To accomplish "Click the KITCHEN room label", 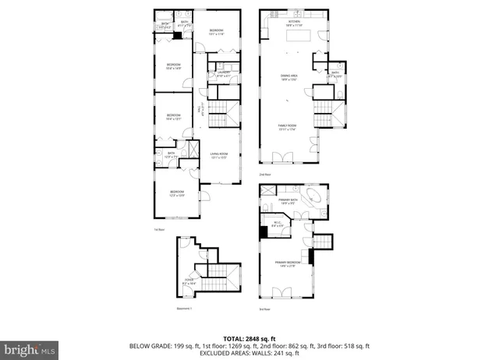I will [x=292, y=23].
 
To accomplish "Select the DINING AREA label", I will [x=289, y=77].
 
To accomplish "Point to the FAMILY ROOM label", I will [x=289, y=127].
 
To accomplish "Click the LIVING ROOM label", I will [x=218, y=156].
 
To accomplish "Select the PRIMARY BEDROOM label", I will [x=288, y=265].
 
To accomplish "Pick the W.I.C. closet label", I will [x=277, y=225].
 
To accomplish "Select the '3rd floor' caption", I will [x=264, y=309].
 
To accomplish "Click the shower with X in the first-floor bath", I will [x=192, y=149].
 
